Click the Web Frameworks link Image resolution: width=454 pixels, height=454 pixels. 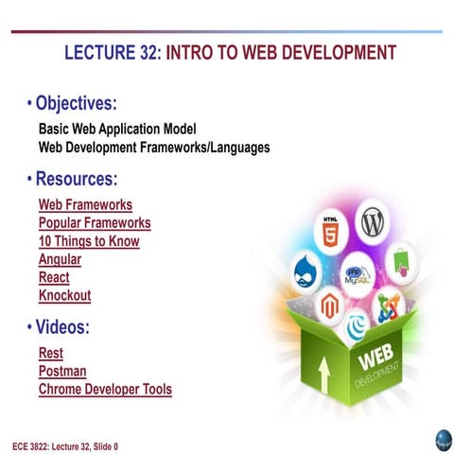tap(85, 204)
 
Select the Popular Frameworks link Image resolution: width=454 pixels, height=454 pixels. tap(95, 223)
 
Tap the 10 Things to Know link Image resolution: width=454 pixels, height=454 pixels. tap(89, 241)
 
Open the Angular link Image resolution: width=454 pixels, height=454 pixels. tap(60, 259)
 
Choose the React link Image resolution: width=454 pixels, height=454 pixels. tap(54, 277)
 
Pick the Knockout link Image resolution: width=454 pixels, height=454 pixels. tap(64, 295)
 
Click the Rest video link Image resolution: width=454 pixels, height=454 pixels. tap(51, 353)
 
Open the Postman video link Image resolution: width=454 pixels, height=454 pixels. tap(62, 371)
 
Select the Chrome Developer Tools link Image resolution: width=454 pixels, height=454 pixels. tap(105, 389)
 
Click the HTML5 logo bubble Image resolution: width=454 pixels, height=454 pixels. tap(330, 231)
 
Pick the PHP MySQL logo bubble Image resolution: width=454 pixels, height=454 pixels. tap(358, 273)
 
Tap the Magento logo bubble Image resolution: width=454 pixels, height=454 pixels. tap(328, 305)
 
